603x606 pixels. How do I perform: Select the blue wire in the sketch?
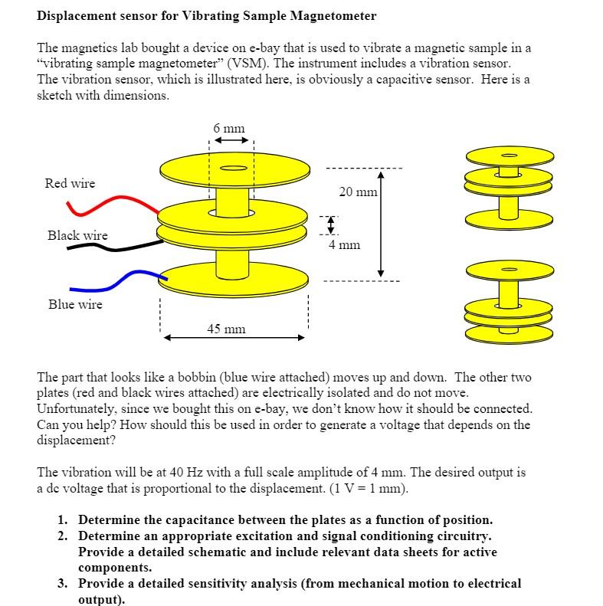pyautogui.click(x=123, y=278)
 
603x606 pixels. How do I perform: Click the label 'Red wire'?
pyautogui.click(x=70, y=183)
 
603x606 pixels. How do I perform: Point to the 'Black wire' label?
pyautogui.click(x=77, y=235)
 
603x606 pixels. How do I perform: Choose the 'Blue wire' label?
pyautogui.click(x=75, y=304)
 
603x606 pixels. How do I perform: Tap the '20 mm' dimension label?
pyautogui.click(x=358, y=192)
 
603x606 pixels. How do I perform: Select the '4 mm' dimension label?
pyautogui.click(x=344, y=245)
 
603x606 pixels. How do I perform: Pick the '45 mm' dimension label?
pyautogui.click(x=226, y=329)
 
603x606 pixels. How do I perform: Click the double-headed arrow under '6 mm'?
pyautogui.click(x=231, y=141)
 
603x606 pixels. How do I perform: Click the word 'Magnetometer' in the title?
pyautogui.click(x=331, y=15)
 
